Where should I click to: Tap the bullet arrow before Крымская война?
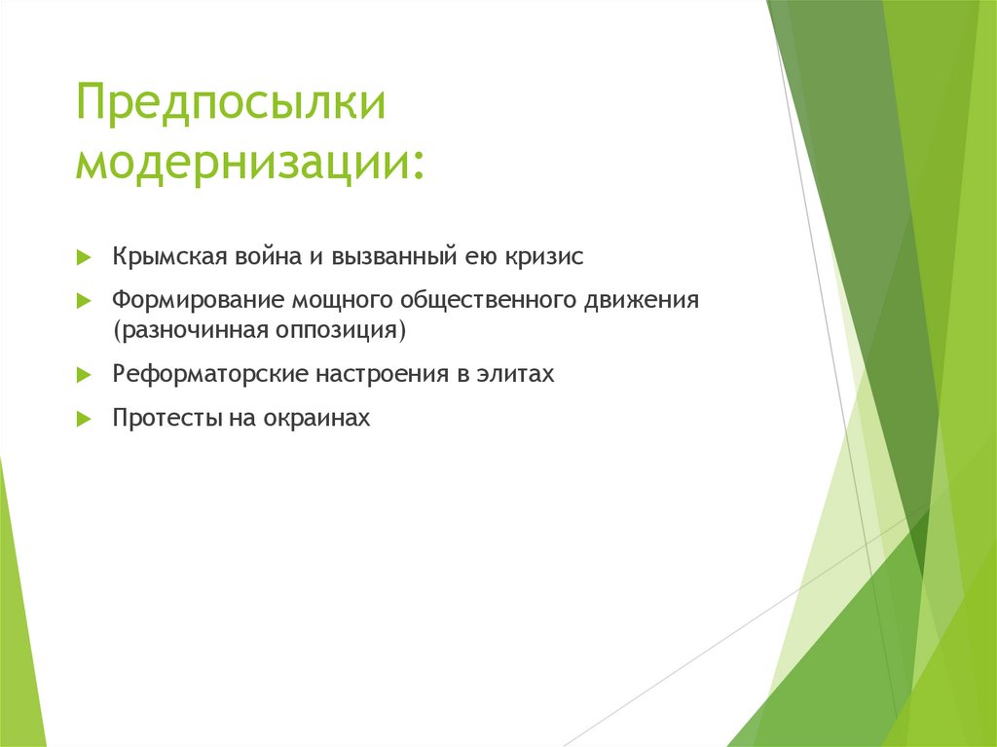[x=84, y=258]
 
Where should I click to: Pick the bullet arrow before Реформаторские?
[x=84, y=375]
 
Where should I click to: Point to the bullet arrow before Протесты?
[x=84, y=420]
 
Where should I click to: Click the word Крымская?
[x=169, y=257]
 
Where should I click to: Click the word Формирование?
[x=197, y=300]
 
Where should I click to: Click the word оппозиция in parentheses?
[x=352, y=329]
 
